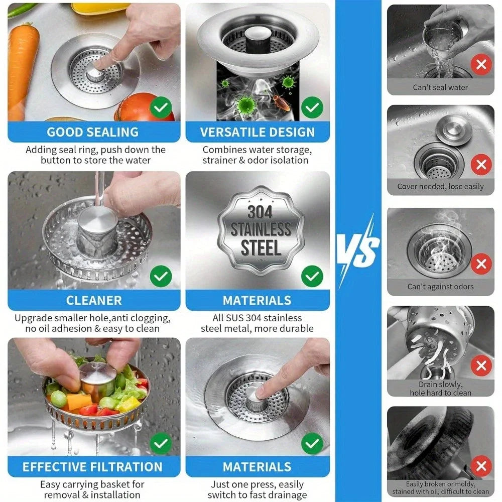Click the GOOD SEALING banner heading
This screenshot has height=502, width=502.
coord(93,132)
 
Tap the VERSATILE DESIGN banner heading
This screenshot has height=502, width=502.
coord(258,132)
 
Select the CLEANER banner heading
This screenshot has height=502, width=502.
coord(94,300)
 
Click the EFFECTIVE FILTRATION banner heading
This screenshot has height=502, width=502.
coord(93,467)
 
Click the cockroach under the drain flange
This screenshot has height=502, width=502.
coord(280,104)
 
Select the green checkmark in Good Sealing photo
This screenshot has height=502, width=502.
coord(161,107)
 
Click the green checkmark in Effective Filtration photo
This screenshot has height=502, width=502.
coord(161,443)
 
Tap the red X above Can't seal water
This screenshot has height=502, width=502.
coord(481,65)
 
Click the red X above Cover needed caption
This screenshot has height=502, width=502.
coord(481,164)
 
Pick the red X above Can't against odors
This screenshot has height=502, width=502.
coord(481,264)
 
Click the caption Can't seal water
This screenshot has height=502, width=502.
coord(440,87)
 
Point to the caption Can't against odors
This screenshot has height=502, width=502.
coord(440,287)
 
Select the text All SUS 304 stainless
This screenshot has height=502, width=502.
coord(258,318)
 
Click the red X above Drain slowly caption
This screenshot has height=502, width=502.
coord(481,365)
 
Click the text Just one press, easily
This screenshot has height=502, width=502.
coord(258,484)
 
